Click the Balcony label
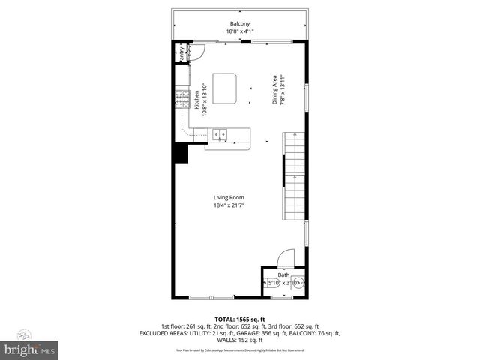click(x=240, y=24)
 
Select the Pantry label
click(x=180, y=55)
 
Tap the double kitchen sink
click(x=220, y=134)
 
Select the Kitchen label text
click(x=197, y=100)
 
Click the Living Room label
click(x=240, y=197)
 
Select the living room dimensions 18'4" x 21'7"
click(x=240, y=205)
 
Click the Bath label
click(x=283, y=275)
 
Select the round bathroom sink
click(x=297, y=283)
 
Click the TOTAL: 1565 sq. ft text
click(x=240, y=319)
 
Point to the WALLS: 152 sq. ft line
click(x=240, y=340)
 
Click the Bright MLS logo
click(x=30, y=349)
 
